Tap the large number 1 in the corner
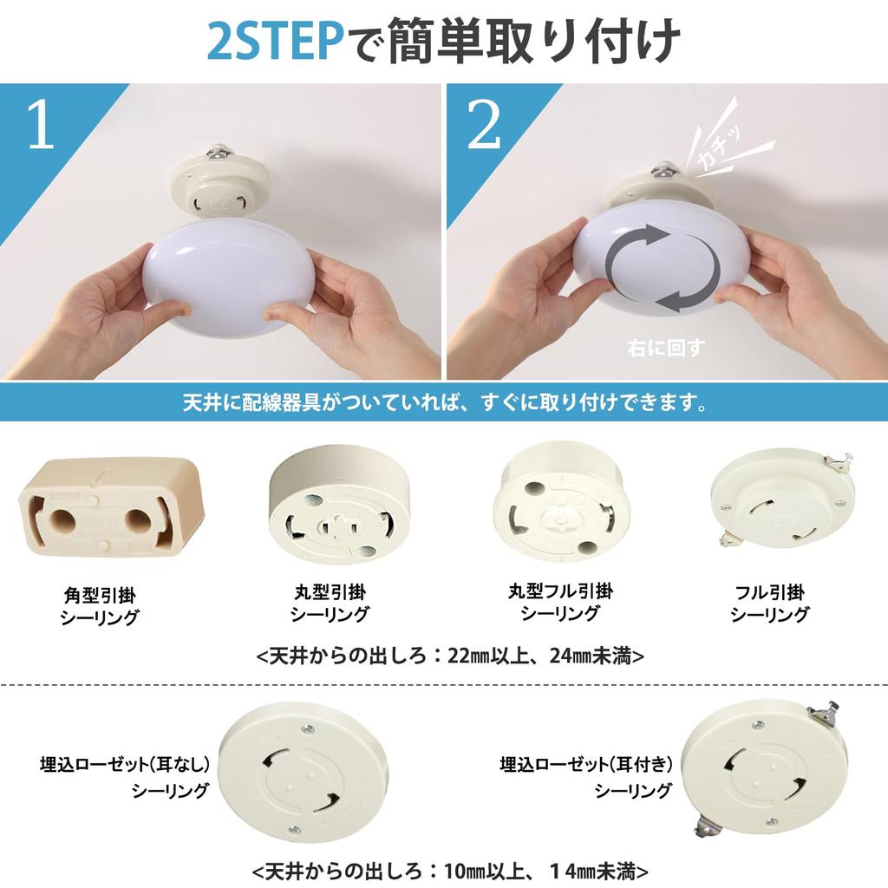[x=41, y=127]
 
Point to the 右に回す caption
[x=665, y=349]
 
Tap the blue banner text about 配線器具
[x=443, y=402]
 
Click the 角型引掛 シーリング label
[x=100, y=606]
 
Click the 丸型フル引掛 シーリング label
[x=560, y=602]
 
